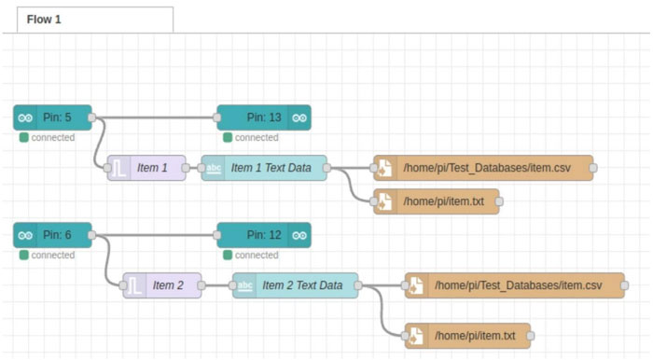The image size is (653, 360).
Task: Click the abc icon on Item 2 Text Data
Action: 244,285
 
